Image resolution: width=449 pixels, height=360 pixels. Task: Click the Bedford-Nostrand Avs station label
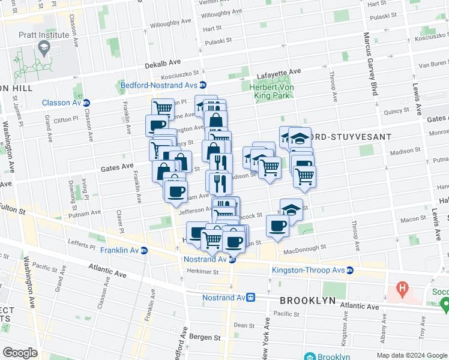(158, 85)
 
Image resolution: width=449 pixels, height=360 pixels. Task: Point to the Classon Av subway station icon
(86, 103)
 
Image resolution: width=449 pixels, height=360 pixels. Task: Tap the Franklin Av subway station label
(120, 250)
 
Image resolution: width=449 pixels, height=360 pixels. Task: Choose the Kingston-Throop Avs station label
(308, 270)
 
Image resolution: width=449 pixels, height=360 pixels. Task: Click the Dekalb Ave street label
(162, 64)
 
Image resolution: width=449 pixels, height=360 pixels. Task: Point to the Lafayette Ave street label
(279, 72)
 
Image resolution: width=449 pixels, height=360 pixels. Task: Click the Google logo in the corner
(20, 353)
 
